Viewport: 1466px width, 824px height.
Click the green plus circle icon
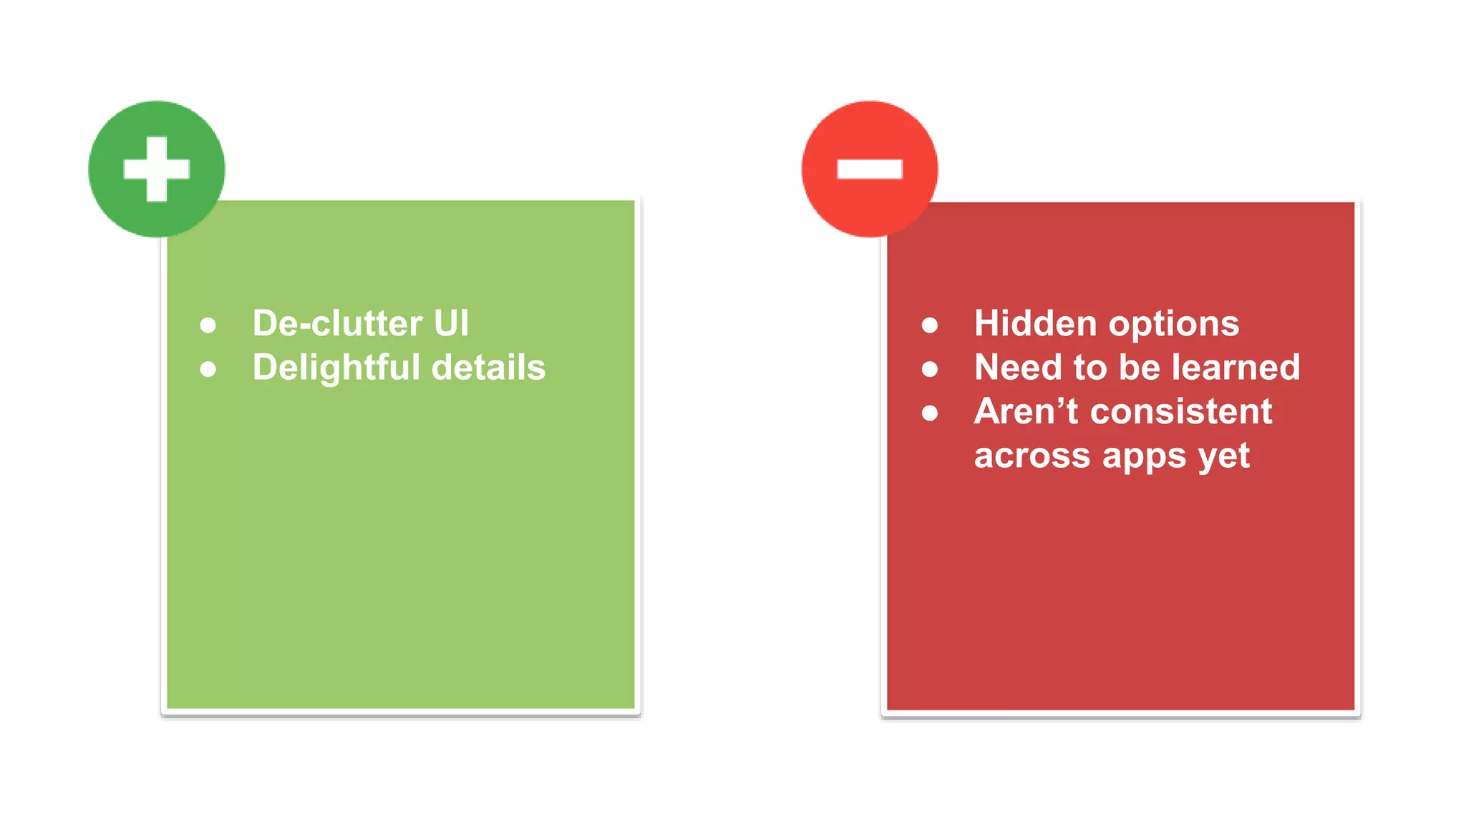(156, 169)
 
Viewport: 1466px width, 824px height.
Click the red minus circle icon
(870, 169)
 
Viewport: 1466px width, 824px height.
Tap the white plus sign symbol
(157, 169)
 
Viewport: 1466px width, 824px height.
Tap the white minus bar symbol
(870, 169)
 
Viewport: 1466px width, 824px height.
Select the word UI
(451, 323)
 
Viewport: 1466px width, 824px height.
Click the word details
(489, 368)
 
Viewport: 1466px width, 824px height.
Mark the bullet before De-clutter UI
(208, 325)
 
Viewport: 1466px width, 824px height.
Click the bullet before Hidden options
(930, 325)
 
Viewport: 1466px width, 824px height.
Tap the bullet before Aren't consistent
(930, 413)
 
